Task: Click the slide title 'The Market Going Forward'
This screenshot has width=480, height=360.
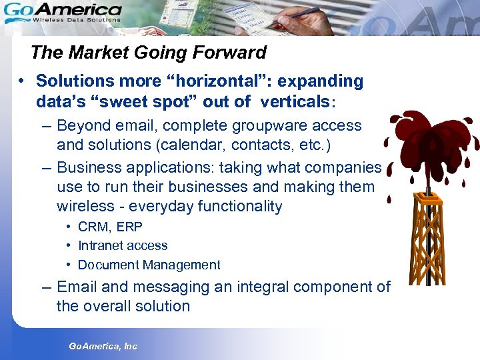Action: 148,53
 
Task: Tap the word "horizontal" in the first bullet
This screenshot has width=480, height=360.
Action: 223,81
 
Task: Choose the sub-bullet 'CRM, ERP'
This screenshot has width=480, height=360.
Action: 110,227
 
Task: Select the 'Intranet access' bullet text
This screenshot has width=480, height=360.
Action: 123,245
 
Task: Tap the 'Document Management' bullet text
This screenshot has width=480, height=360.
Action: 149,265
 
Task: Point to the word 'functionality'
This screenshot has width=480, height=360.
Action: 240,207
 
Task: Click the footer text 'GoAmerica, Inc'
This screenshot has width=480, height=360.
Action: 103,346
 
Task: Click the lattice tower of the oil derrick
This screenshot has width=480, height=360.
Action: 426,240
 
